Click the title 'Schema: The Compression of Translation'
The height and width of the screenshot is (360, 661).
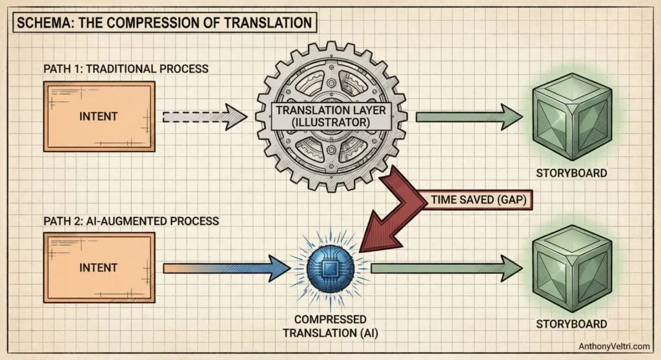(163, 23)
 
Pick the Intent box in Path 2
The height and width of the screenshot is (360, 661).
(99, 266)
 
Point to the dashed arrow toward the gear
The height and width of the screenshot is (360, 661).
(204, 117)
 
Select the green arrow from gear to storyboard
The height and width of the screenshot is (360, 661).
(469, 117)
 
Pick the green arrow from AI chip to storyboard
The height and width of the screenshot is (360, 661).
(445, 267)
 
